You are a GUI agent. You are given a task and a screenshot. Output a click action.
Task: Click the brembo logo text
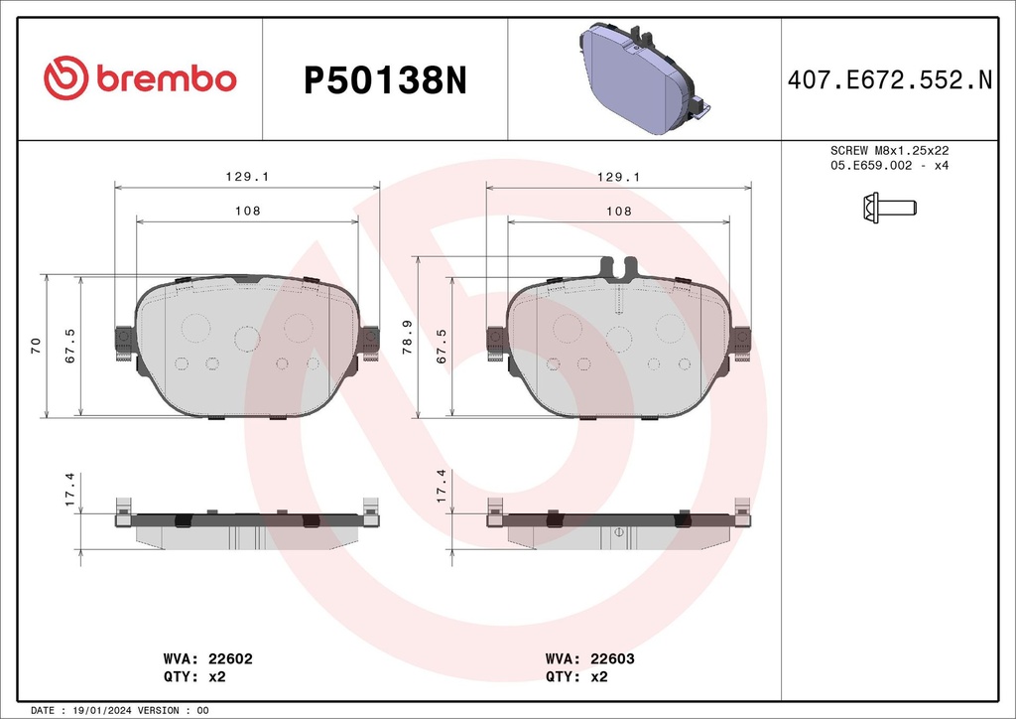click(x=165, y=79)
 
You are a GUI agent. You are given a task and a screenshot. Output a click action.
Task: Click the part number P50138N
click(x=384, y=80)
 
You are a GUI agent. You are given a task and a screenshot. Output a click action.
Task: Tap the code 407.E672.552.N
click(x=889, y=80)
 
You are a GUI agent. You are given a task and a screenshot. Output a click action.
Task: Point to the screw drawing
click(x=888, y=208)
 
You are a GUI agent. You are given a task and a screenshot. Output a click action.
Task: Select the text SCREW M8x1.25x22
click(x=889, y=150)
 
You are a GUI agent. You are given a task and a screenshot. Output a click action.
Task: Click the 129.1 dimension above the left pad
click(x=248, y=176)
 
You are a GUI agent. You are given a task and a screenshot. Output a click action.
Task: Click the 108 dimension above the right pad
click(x=618, y=212)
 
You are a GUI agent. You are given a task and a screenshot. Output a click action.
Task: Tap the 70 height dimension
click(x=36, y=345)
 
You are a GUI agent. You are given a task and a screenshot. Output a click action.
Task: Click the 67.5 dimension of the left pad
click(x=70, y=345)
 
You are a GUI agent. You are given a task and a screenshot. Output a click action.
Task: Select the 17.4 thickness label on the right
click(x=442, y=488)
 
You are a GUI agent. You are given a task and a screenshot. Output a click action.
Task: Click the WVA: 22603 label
click(x=590, y=658)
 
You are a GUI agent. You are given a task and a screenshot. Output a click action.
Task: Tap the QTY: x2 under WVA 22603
click(x=576, y=677)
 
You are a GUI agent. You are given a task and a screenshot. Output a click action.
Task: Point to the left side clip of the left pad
click(x=124, y=342)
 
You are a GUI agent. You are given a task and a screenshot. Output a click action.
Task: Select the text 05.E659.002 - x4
click(x=889, y=165)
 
